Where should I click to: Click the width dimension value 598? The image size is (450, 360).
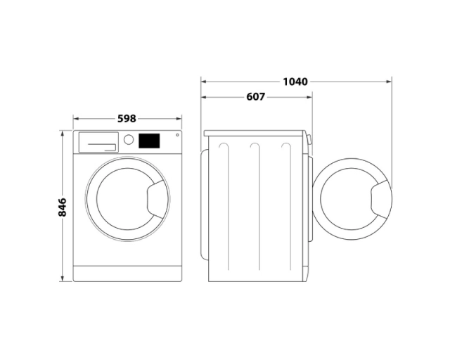(x=127, y=119)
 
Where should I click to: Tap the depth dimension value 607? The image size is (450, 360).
(x=255, y=97)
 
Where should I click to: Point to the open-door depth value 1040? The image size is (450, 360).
(x=295, y=82)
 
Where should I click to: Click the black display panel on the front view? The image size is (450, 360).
(x=148, y=141)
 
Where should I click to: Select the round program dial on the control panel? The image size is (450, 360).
(x=129, y=139)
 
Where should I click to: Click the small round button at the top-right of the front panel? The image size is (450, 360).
(x=176, y=135)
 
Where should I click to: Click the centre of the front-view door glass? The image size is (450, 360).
(x=122, y=200)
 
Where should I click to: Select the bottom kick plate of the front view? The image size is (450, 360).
(x=127, y=274)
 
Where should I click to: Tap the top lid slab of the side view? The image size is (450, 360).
(x=255, y=133)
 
